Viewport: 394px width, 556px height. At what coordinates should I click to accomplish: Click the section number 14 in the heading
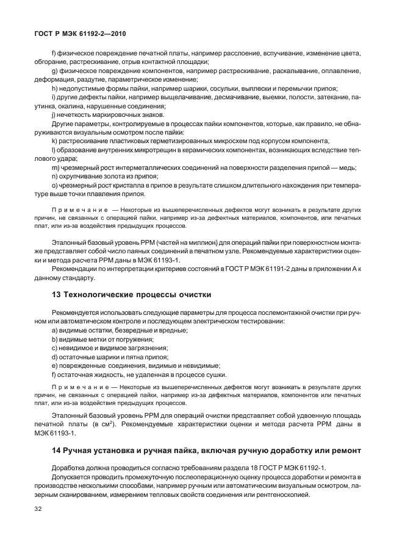point(56,451)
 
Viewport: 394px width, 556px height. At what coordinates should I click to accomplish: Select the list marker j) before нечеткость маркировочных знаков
point(54,114)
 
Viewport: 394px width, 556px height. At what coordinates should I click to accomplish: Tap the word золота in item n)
point(105,175)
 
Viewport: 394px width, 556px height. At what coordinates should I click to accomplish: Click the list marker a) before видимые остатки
point(54,329)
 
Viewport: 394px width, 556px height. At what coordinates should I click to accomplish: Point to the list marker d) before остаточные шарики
point(54,356)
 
